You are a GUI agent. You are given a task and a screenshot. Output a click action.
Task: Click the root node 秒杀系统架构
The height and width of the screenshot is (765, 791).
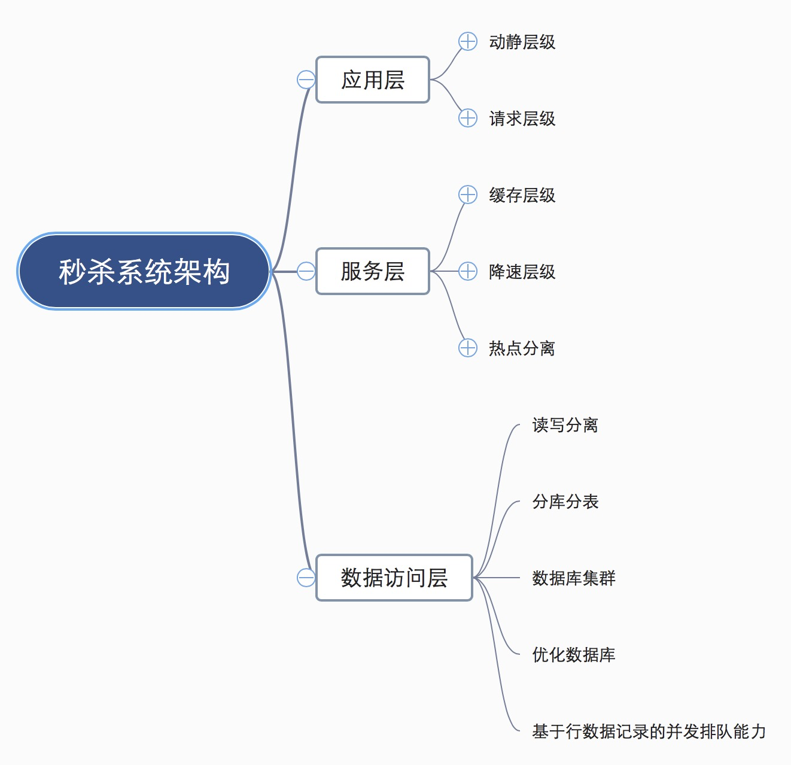click(x=144, y=271)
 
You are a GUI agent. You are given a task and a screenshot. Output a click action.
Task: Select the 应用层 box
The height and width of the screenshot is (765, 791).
click(x=373, y=80)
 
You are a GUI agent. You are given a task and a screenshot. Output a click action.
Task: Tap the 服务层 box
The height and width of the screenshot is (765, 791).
click(x=373, y=271)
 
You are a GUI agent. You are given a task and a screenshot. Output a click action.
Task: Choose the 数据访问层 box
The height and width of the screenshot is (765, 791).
click(x=394, y=578)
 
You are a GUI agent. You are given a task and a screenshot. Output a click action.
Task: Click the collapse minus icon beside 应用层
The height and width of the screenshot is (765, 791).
click(x=306, y=80)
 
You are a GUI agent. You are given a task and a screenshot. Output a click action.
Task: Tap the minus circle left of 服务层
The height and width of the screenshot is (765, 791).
click(x=306, y=271)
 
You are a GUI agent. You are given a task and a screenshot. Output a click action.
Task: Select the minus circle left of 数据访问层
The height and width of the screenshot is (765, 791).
click(x=306, y=578)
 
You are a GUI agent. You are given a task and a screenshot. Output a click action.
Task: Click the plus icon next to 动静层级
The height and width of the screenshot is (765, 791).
click(x=468, y=41)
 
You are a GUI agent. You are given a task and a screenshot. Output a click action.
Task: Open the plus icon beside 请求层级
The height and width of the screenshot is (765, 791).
click(x=468, y=118)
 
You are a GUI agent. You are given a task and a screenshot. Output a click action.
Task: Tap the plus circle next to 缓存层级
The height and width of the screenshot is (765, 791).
click(x=468, y=195)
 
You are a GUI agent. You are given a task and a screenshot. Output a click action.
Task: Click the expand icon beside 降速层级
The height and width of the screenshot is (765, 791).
click(x=468, y=271)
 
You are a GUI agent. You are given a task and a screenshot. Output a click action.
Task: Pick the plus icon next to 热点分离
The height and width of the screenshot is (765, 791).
click(x=468, y=348)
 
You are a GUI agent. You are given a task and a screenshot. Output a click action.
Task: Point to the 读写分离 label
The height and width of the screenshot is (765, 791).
click(x=565, y=425)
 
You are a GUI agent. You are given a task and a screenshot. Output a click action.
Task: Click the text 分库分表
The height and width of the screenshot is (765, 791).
click(x=565, y=502)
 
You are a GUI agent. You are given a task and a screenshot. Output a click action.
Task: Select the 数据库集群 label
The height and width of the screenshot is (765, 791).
click(x=574, y=578)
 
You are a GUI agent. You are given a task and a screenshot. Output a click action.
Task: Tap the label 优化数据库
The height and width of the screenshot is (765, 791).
click(x=574, y=655)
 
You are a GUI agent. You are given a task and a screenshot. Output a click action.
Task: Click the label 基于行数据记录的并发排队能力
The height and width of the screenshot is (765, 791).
click(x=649, y=731)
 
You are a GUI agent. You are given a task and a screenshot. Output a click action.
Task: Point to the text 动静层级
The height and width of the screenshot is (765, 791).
click(x=522, y=42)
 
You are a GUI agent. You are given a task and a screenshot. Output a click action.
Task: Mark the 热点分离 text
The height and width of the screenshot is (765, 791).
click(x=522, y=348)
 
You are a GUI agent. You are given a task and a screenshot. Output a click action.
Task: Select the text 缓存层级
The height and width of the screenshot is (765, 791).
click(x=522, y=195)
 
